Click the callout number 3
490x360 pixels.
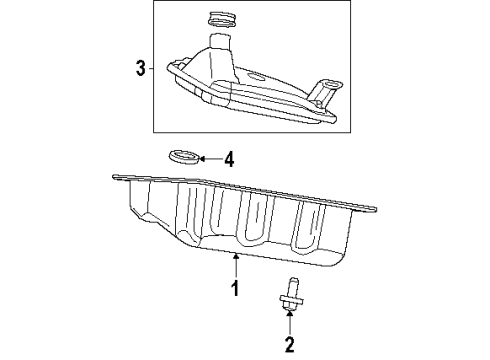[141, 68]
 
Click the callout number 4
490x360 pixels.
[229, 158]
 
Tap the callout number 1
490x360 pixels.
[235, 290]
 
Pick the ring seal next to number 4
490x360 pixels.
[182, 157]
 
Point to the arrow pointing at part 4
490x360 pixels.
[207, 158]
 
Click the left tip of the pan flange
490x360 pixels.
[115, 178]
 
